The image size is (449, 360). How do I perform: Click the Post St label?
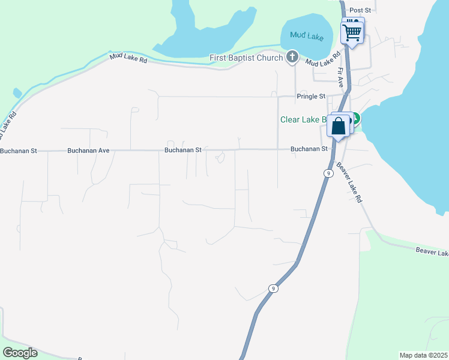tap(361, 10)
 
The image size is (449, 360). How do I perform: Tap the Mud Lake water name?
tap(306, 37)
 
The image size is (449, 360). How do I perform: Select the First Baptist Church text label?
tap(246, 58)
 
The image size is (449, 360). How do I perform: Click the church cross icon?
tap(292, 57)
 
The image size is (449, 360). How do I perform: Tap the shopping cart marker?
tap(352, 31)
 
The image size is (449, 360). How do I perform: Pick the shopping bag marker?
tap(339, 127)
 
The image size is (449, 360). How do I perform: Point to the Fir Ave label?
tap(340, 77)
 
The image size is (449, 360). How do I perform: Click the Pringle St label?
tap(310, 96)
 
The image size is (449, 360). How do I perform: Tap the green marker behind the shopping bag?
tap(355, 119)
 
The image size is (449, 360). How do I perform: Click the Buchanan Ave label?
tap(88, 151)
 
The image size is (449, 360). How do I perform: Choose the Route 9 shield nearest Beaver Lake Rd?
tap(328, 173)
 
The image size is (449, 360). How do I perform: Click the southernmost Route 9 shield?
tap(273, 288)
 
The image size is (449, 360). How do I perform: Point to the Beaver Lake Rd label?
tap(349, 182)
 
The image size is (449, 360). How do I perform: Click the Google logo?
tap(20, 352)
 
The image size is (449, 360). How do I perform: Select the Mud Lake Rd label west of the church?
tap(128, 59)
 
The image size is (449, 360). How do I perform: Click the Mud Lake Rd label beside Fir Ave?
tap(322, 58)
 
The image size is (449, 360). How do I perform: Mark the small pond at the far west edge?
tap(17, 94)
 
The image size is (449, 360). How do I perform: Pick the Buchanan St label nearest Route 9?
tap(309, 149)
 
